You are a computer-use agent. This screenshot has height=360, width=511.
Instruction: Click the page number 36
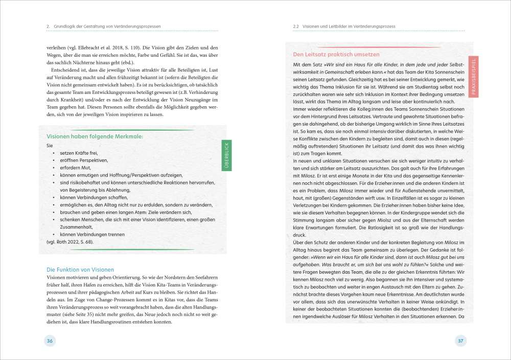(50, 341)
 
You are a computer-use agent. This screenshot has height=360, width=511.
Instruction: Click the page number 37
(460, 341)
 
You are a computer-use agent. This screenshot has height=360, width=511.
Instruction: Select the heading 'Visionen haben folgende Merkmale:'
(95, 137)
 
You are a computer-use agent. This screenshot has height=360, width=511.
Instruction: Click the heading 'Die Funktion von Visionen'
(80, 269)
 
